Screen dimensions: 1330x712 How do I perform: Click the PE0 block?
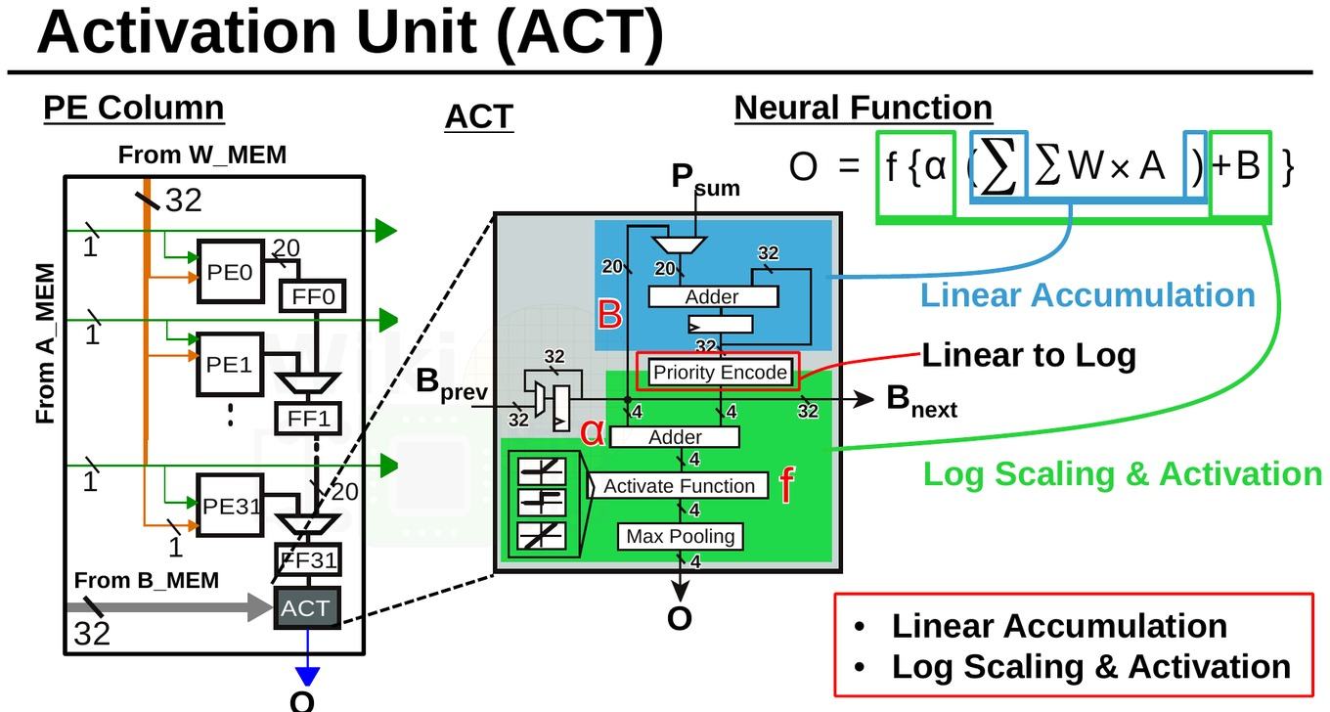[x=231, y=271]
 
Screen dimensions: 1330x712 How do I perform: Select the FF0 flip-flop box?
[x=312, y=295]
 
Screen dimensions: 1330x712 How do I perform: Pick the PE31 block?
[x=231, y=506]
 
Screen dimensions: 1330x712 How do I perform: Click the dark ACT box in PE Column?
[x=307, y=607]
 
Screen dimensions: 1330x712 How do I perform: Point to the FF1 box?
[x=308, y=419]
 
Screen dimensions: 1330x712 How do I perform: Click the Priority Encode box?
[x=720, y=373]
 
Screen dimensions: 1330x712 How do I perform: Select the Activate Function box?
[x=679, y=486]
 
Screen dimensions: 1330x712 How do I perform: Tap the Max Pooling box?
[x=681, y=536]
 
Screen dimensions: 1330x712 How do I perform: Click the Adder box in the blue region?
[x=713, y=296]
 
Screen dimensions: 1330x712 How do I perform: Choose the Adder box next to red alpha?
[x=675, y=437]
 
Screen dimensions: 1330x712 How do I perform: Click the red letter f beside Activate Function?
[x=786, y=485]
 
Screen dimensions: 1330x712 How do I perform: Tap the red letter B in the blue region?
[x=610, y=314]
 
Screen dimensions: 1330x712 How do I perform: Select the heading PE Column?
[x=134, y=109]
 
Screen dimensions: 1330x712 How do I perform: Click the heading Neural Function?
[x=864, y=109]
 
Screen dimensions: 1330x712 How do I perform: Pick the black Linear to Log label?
[x=1029, y=355]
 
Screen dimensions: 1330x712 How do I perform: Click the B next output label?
[x=921, y=401]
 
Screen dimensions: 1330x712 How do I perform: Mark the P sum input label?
[x=705, y=179]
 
